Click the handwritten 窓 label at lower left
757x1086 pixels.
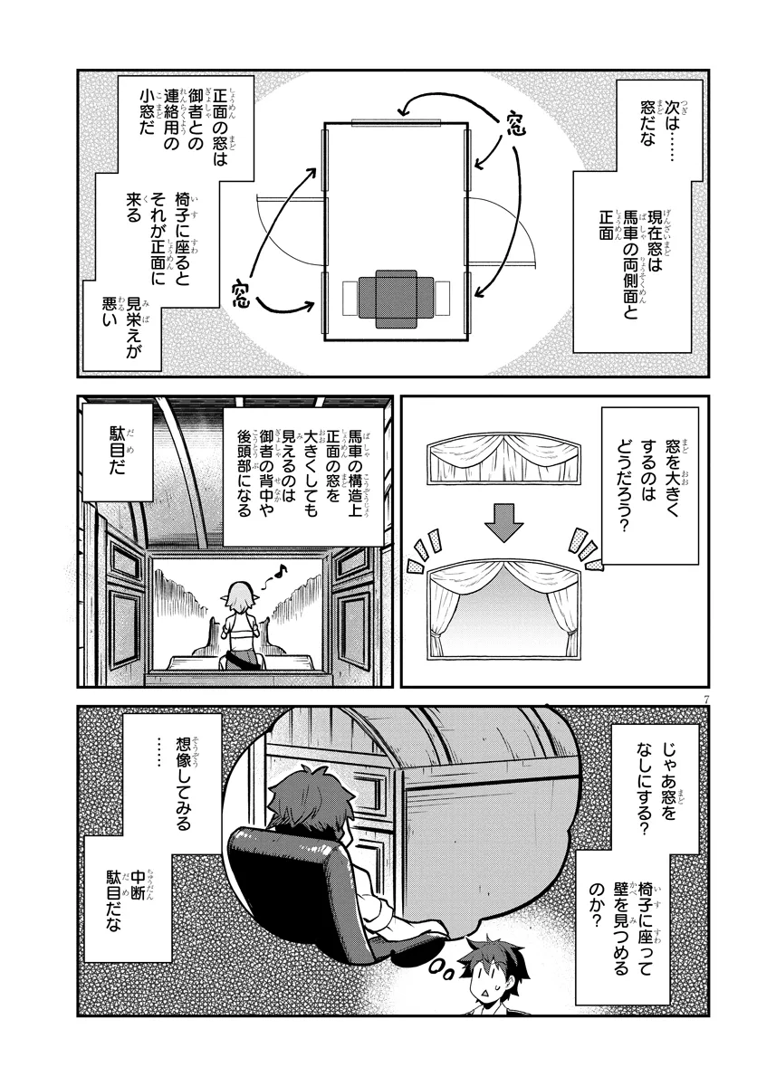tap(240, 292)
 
